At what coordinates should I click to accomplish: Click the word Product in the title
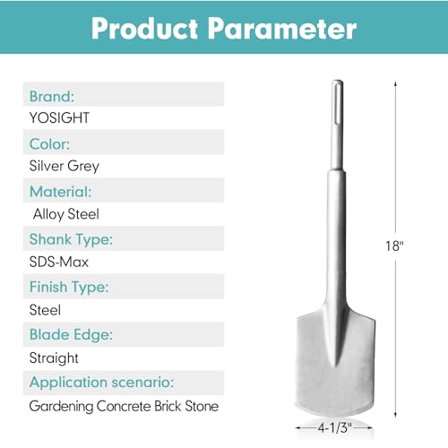(x=144, y=28)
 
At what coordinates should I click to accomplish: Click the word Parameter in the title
(x=282, y=28)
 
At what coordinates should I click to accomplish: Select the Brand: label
(x=52, y=96)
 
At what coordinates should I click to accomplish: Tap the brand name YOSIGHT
(x=59, y=117)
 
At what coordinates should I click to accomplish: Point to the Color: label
(x=49, y=144)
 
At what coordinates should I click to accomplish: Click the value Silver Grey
(x=65, y=166)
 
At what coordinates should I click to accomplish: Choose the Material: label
(x=61, y=192)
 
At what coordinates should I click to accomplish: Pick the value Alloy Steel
(x=66, y=214)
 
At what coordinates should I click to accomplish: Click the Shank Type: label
(x=71, y=239)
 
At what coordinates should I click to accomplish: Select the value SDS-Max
(x=59, y=262)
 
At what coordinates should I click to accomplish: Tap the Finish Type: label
(x=69, y=288)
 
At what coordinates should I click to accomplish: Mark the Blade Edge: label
(x=71, y=335)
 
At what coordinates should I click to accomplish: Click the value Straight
(x=54, y=358)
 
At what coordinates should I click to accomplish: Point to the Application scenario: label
(x=101, y=383)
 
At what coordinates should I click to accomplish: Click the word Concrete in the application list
(x=124, y=406)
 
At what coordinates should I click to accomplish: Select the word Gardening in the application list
(x=61, y=407)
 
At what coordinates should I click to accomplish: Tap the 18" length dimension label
(x=394, y=246)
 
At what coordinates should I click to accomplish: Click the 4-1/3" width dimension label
(x=334, y=427)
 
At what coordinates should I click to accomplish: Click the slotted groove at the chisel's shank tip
(x=338, y=103)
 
